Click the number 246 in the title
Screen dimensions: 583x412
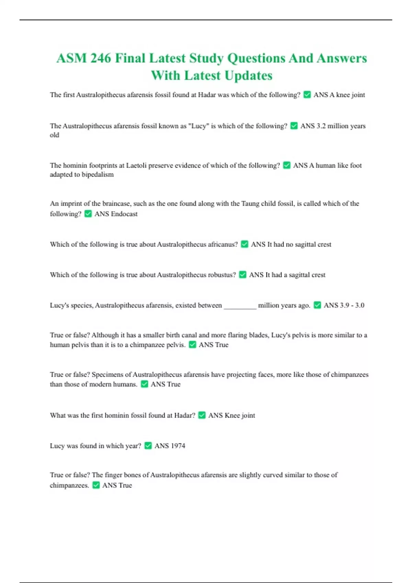coord(101,58)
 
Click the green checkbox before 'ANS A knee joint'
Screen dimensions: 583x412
coord(307,95)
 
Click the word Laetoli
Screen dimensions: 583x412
coord(136,165)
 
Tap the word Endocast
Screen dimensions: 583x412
coord(124,214)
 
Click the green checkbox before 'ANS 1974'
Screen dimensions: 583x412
coord(148,445)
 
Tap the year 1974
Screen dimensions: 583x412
coord(178,446)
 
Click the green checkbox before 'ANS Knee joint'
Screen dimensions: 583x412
coord(202,415)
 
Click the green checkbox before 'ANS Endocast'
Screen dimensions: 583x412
coord(88,214)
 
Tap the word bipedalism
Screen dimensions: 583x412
coord(98,175)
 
